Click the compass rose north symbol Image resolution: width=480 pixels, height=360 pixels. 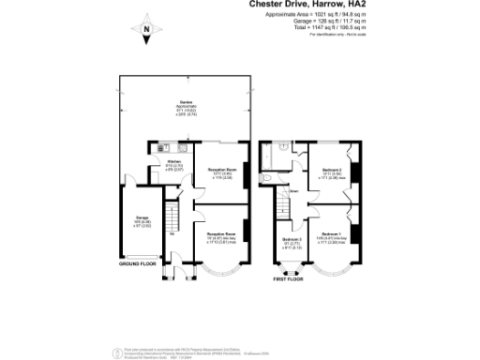click(146, 33)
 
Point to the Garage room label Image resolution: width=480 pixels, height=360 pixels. click(130, 222)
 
